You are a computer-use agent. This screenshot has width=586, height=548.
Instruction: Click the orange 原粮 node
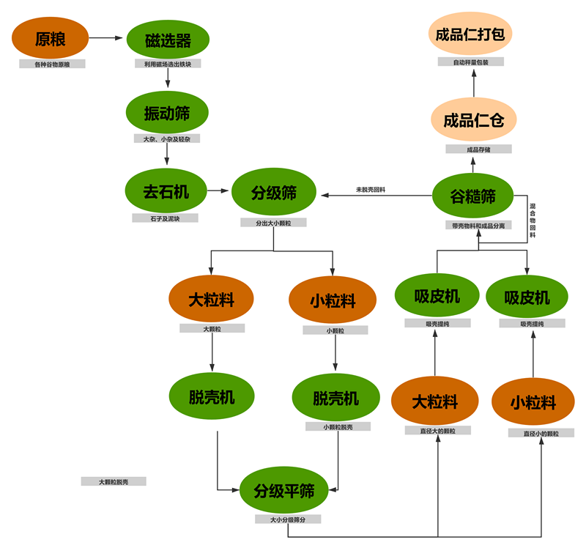pyautogui.click(x=51, y=39)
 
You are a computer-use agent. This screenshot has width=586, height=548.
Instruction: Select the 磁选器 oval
pyautogui.click(x=168, y=40)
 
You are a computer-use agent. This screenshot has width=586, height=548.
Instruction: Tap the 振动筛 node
pyautogui.click(x=168, y=113)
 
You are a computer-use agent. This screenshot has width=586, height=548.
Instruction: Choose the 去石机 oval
pyautogui.click(x=166, y=192)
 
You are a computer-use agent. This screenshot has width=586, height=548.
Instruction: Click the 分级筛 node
pyautogui.click(x=274, y=193)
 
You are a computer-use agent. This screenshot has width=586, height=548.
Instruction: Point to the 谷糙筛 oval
pyautogui.click(x=473, y=196)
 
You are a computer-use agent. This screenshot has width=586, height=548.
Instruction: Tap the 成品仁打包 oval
pyautogui.click(x=473, y=34)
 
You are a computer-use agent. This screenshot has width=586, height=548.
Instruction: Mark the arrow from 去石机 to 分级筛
pyautogui.click(x=218, y=192)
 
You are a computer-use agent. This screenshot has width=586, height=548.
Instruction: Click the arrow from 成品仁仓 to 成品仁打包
pyautogui.click(x=473, y=86)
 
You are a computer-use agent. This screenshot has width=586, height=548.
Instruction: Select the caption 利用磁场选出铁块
pyautogui.click(x=168, y=64)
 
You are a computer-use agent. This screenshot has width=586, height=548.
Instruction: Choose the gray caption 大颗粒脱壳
pyautogui.click(x=114, y=482)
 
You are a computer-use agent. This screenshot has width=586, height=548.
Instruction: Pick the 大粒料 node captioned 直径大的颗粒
pyautogui.click(x=434, y=401)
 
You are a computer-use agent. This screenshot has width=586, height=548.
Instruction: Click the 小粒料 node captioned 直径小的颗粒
pyautogui.click(x=533, y=403)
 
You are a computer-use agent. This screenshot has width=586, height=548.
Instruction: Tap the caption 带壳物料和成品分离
pyautogui.click(x=478, y=226)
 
